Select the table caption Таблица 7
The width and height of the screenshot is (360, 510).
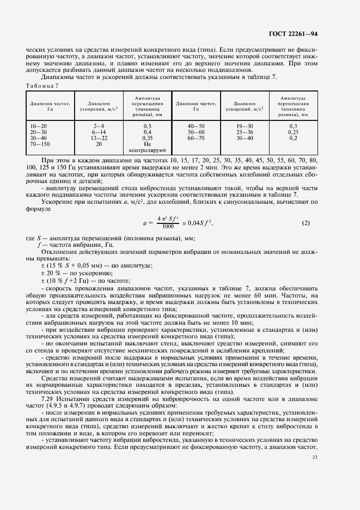tap(42, 86)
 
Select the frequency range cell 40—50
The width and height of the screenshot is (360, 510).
tap(196, 126)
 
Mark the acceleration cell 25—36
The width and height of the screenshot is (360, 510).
tap(245, 132)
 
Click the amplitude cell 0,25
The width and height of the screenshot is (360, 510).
tap(293, 132)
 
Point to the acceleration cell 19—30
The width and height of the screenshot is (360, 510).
tap(245, 126)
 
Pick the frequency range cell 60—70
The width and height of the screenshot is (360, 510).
tap(196, 138)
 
